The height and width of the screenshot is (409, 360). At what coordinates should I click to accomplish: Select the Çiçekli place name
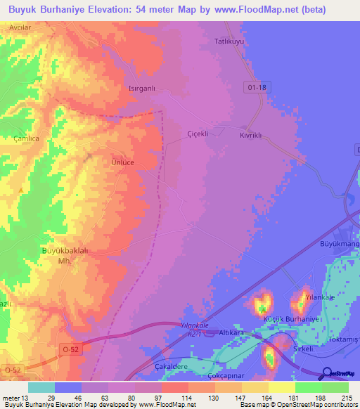[x=198, y=134]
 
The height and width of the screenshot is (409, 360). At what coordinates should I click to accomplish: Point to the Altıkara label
[x=231, y=331]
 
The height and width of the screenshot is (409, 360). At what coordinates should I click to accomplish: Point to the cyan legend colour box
[x=41, y=387]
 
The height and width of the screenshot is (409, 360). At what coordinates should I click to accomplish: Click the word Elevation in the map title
[x=113, y=9]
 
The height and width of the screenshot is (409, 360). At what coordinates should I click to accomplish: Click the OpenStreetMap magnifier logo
[x=326, y=373]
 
